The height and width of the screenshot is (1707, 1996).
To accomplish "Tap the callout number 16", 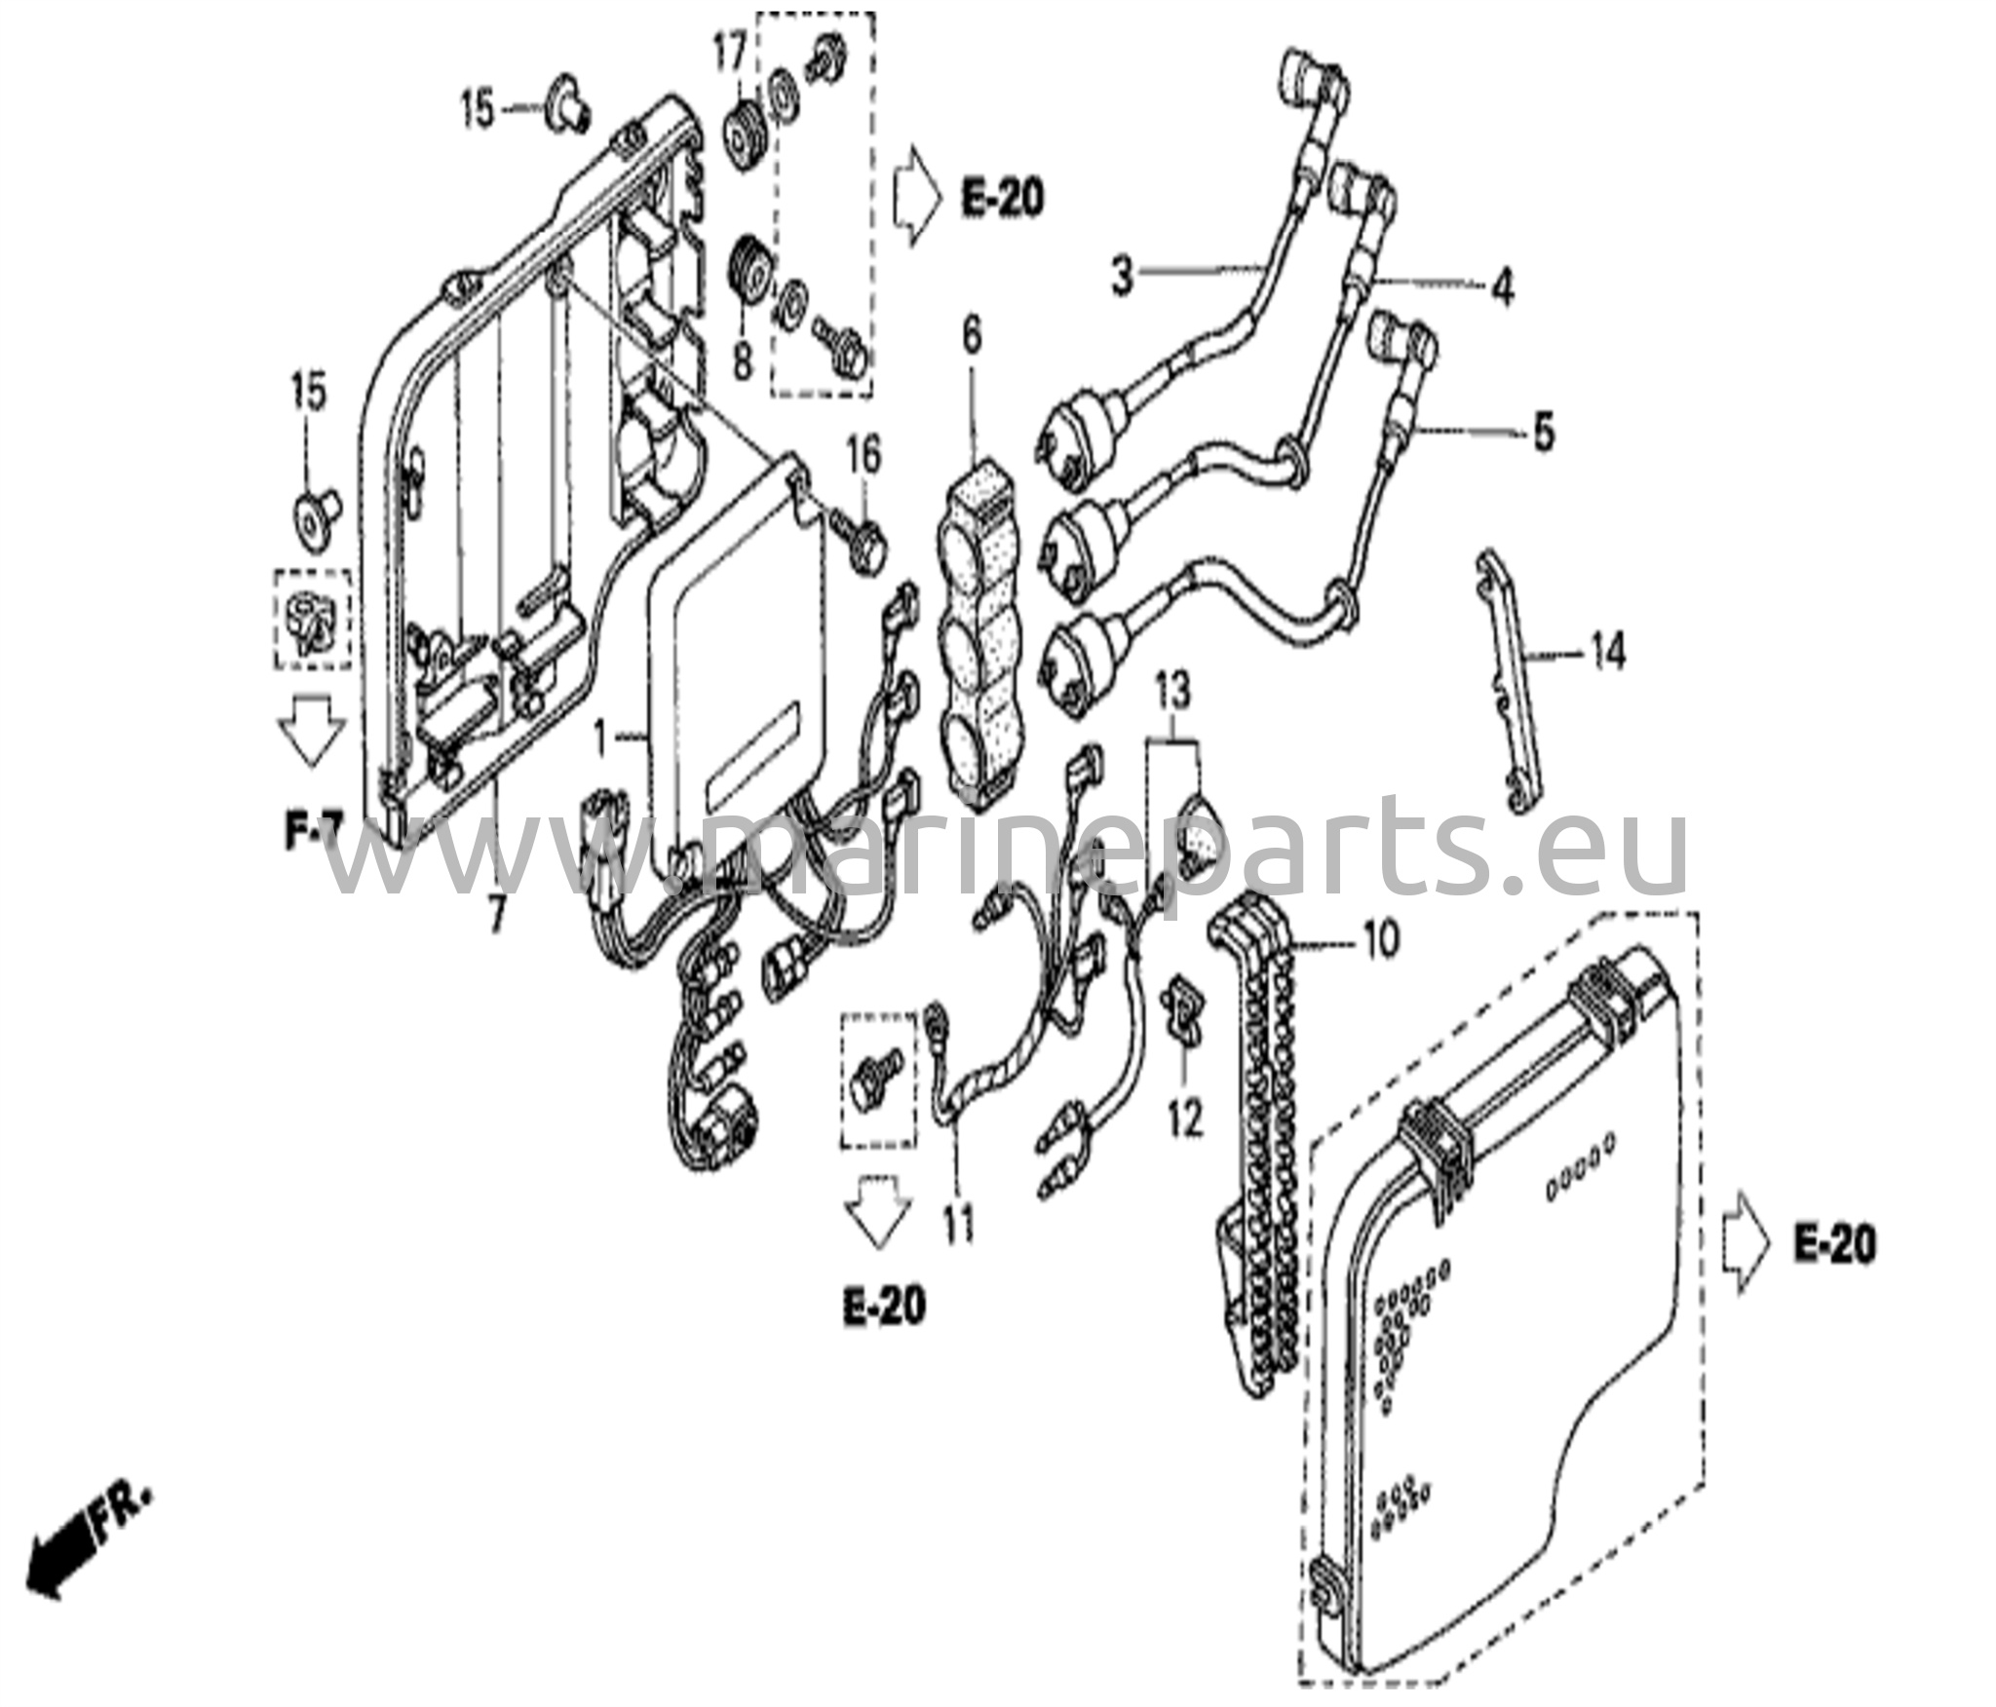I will click(x=862, y=455).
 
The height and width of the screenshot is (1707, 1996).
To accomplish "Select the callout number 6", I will click(x=972, y=337).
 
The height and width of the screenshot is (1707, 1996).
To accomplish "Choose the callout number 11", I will click(x=959, y=1225).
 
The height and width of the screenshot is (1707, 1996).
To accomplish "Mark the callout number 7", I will click(x=497, y=913).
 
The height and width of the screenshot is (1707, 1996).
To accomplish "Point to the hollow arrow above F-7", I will click(x=311, y=736).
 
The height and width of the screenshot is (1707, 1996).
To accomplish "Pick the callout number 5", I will click(x=1544, y=433).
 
